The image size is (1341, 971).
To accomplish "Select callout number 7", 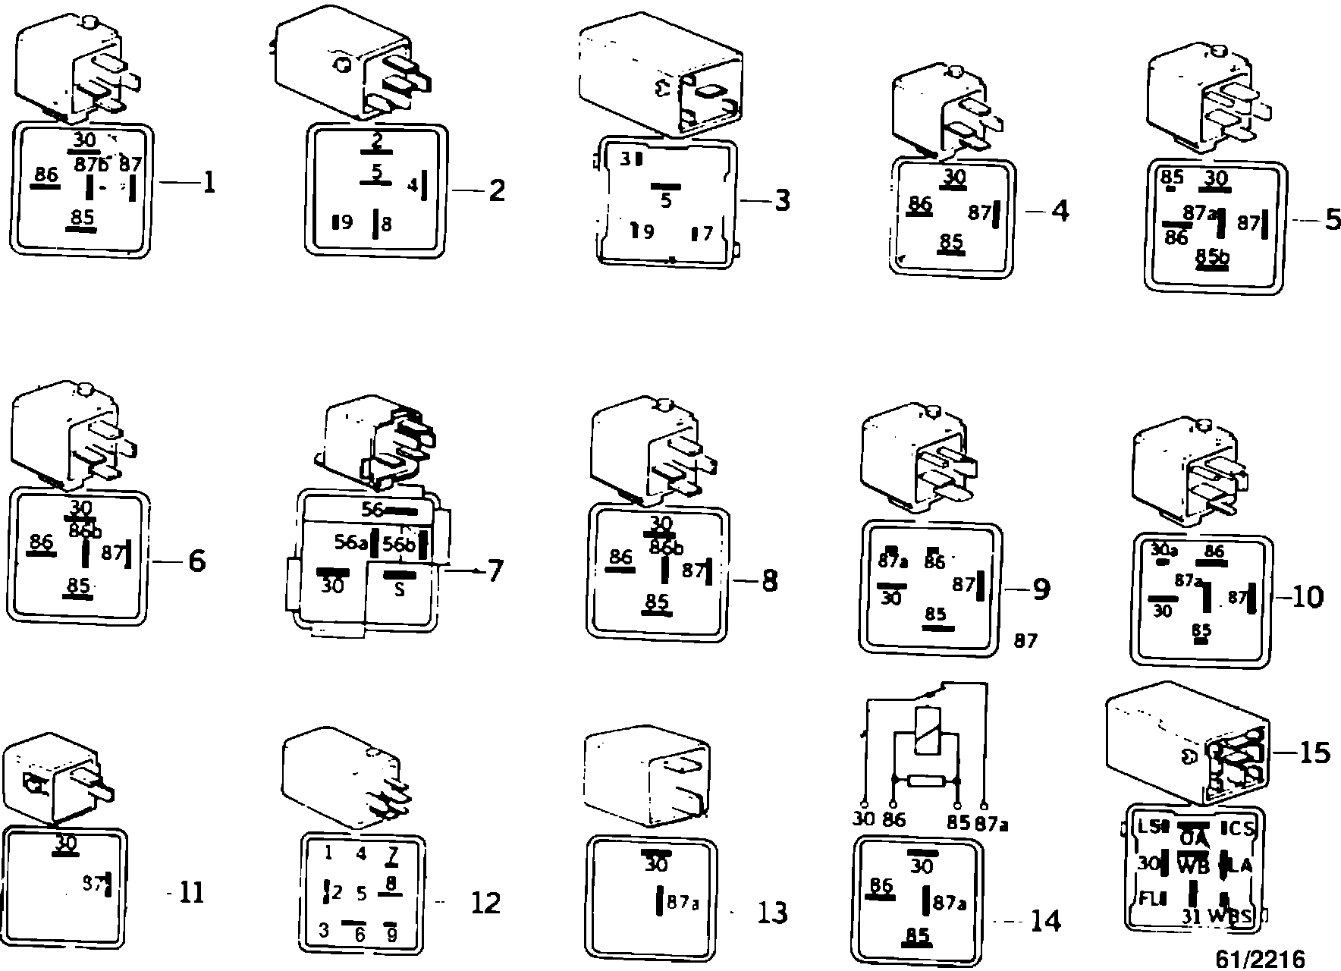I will (495, 570).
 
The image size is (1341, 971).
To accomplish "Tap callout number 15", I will (1314, 753).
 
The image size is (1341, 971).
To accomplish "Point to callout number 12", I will (485, 903).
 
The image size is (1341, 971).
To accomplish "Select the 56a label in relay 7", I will (351, 542).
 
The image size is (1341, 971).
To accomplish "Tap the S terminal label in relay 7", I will (400, 589).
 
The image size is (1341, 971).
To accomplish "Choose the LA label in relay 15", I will (1242, 865).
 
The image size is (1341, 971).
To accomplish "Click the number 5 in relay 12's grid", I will (362, 894).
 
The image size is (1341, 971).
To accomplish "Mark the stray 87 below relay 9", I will (1025, 640).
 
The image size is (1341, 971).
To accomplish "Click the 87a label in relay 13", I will (683, 903).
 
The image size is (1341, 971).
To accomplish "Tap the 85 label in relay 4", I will (951, 241).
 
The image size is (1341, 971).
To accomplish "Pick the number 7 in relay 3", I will (707, 234).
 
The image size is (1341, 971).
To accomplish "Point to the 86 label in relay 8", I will (620, 558).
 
